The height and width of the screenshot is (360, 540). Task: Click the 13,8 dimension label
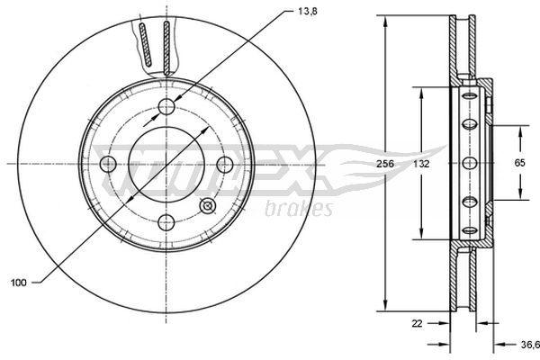(x=308, y=12)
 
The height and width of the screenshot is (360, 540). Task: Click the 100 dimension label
(x=19, y=283)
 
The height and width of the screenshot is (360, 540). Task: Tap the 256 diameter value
(x=384, y=164)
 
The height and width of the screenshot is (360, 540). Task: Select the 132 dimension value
(x=421, y=164)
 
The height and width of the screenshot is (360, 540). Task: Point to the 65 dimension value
(x=519, y=163)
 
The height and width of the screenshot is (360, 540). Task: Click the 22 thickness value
(x=417, y=323)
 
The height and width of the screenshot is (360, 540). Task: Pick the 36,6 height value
(x=530, y=345)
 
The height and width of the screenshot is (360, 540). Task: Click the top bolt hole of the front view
(x=166, y=106)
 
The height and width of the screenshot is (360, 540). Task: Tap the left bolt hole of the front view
(x=108, y=164)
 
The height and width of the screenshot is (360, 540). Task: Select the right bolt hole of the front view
(x=225, y=165)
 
